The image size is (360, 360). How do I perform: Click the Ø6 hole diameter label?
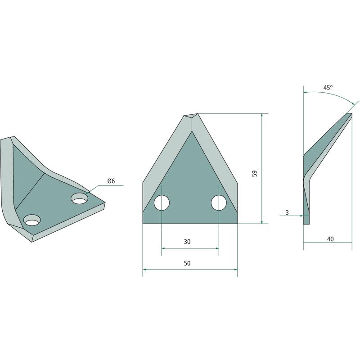coord(111,181)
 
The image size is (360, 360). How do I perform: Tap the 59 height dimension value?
coord(255,173)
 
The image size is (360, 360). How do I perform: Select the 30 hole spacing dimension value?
coord(187,242)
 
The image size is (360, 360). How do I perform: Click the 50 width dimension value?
coord(187,263)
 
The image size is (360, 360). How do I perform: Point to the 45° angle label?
coord(328,88)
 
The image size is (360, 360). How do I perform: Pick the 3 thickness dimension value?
coord(287,212)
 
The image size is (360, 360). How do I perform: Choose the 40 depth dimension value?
coord(330,239)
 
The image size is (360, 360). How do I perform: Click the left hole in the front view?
coord(162,203)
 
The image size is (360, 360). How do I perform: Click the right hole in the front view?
coord(219,203)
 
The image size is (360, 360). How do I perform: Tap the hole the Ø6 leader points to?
coord(80,199)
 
